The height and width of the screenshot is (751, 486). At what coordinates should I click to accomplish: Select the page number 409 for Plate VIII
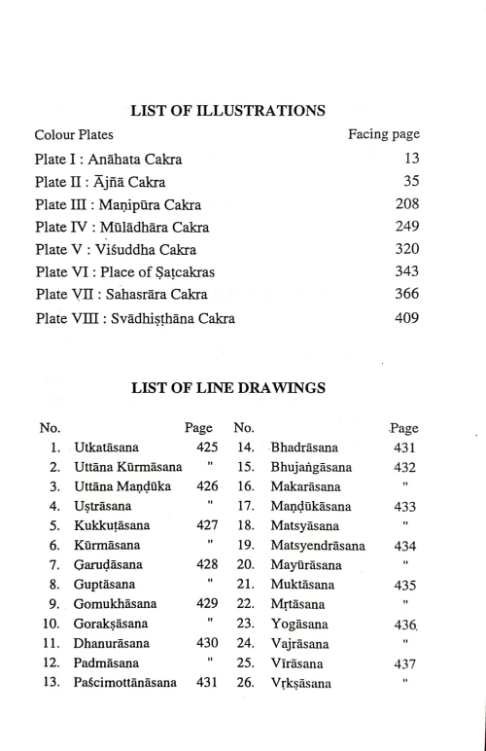point(406,317)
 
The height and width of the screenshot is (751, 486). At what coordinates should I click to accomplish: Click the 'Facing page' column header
point(384,133)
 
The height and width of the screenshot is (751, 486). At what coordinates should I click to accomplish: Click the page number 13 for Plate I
point(411,159)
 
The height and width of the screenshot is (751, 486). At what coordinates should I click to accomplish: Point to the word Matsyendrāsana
point(318,546)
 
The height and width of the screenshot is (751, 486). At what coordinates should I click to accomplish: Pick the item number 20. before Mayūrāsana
point(244,565)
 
